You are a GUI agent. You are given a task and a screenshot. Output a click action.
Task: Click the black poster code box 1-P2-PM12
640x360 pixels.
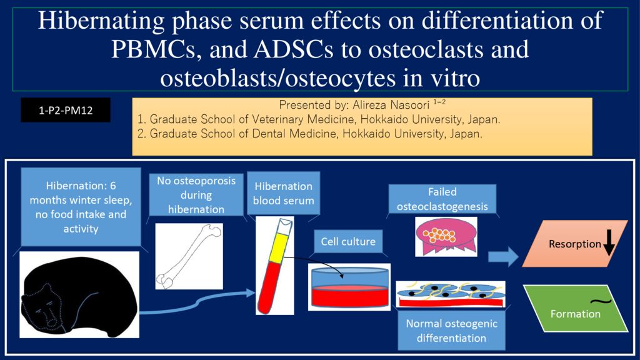(66, 110)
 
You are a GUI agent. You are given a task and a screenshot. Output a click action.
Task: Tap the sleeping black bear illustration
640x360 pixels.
(79, 295)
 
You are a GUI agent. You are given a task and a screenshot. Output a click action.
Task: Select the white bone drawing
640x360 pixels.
(189, 256)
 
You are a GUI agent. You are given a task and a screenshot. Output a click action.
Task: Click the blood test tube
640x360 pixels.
(275, 266)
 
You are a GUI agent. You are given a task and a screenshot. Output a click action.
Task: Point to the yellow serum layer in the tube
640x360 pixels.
(281, 247)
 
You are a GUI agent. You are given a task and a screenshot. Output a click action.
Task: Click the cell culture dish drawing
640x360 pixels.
(349, 287)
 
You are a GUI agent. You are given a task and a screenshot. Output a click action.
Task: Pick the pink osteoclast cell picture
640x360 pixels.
(446, 236)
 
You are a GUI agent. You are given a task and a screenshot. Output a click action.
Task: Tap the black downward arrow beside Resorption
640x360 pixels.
(609, 242)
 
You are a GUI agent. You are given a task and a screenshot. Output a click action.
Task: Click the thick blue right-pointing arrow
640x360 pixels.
(503, 257)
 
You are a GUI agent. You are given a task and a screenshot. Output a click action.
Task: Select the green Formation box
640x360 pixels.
(576, 308)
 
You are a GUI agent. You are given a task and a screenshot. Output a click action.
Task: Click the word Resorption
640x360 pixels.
(575, 244)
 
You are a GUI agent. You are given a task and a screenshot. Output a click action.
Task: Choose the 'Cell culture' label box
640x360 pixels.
(348, 241)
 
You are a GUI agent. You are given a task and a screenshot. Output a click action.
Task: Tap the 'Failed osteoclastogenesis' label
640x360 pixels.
(442, 199)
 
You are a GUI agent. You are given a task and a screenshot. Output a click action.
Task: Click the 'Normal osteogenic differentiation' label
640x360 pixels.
(451, 331)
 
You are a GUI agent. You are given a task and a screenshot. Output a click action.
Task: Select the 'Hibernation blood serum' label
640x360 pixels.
(284, 193)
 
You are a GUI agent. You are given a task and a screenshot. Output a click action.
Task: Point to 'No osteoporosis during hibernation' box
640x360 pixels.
(196, 195)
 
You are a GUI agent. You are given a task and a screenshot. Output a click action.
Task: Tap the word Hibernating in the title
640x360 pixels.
(102, 21)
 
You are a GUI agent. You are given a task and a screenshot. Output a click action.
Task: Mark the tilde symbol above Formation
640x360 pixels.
(601, 302)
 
